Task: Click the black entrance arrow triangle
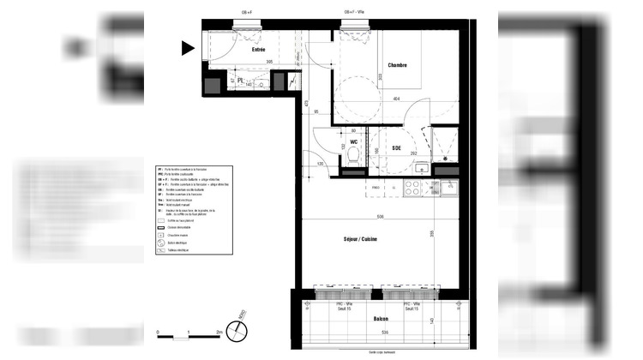(x=188, y=49)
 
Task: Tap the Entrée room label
(x=257, y=51)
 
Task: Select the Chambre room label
(x=397, y=65)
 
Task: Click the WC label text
(x=353, y=141)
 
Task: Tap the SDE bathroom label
(x=397, y=147)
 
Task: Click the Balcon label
(x=379, y=318)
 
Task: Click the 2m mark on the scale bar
(x=219, y=331)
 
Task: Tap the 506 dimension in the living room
(x=379, y=218)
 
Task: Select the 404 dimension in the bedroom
(x=396, y=100)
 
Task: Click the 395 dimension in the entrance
(x=268, y=62)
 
